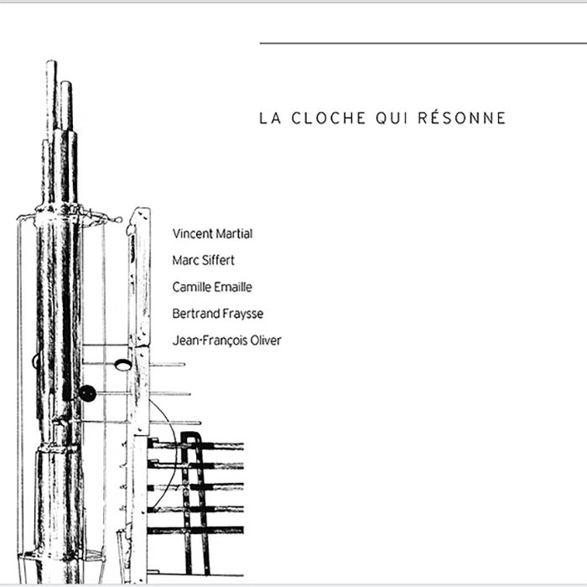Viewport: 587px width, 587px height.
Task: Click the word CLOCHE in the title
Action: point(329,118)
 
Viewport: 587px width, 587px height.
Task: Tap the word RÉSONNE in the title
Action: point(461,117)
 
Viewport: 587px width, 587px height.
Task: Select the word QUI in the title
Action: point(392,119)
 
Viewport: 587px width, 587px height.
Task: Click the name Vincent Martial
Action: point(212,234)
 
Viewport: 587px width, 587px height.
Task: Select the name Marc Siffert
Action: point(203,260)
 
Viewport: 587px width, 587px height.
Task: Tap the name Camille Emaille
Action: point(212,287)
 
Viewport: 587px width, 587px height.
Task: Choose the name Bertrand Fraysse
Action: point(217,314)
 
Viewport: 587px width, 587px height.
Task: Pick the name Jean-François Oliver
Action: point(226,340)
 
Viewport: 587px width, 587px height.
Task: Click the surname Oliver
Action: point(266,340)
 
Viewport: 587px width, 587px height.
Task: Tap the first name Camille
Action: point(188,287)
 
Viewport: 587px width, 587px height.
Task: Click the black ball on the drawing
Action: point(87,393)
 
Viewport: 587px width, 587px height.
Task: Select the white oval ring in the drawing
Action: point(122,365)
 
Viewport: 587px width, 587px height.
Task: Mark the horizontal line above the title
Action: point(423,44)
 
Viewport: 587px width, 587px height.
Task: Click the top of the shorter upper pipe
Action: point(66,82)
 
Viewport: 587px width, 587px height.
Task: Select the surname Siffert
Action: point(219,260)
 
